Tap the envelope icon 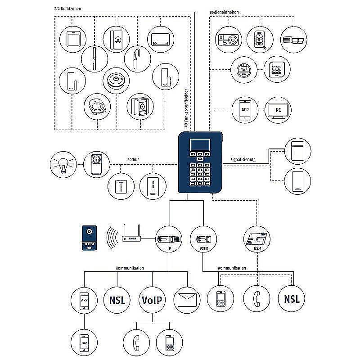187,300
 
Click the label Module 133,159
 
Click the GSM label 257,249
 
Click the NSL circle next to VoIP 117,300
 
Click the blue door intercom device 88,238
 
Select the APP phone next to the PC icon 245,110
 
